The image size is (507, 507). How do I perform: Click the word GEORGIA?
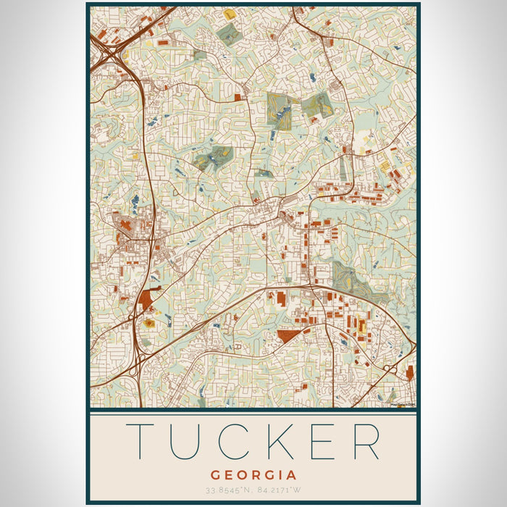click(x=253, y=476)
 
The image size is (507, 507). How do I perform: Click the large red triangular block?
click(x=289, y=335)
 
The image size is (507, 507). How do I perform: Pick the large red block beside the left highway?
click(x=149, y=298)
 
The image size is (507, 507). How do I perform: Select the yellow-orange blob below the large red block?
click(x=149, y=323)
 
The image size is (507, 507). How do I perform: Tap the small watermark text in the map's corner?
click(x=402, y=405)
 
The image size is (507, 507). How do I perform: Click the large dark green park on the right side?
click(x=346, y=278)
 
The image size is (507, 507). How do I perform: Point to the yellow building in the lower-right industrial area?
click(x=361, y=325)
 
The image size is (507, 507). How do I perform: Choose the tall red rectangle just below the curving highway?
click(x=280, y=298)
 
